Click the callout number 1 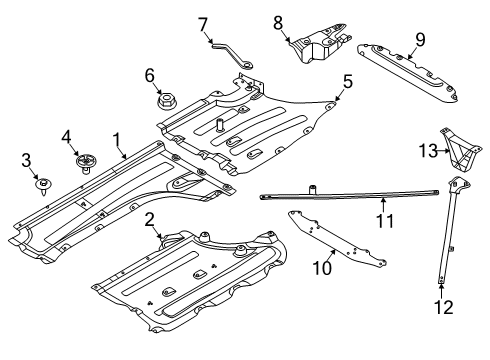coord(116,140)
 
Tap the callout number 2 coord(149,218)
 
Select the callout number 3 coord(28,159)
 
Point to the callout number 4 coord(67,135)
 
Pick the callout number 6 coord(150,74)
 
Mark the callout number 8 coord(278,20)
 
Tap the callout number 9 coord(420,39)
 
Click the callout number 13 coord(426,150)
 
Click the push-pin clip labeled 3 coord(43,183)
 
